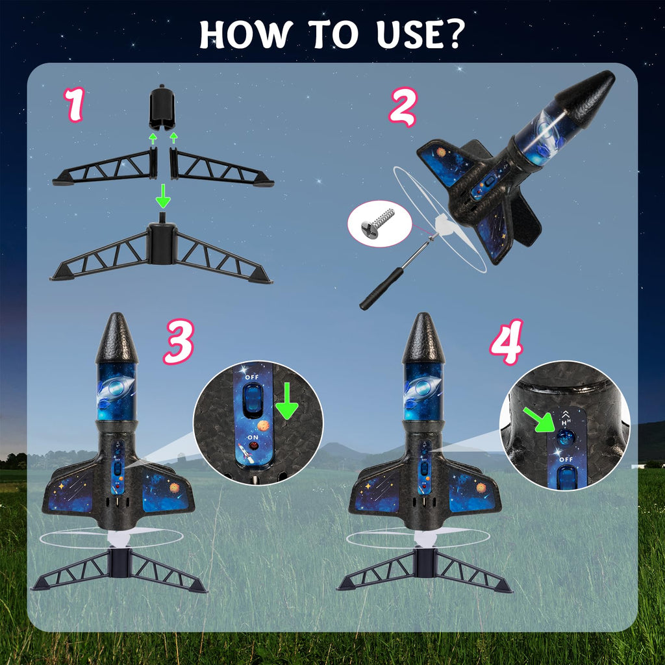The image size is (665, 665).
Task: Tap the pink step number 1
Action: point(75,105)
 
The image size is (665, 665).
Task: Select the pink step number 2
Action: point(403,107)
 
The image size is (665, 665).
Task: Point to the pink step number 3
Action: point(179,342)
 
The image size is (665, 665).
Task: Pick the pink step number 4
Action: point(507,342)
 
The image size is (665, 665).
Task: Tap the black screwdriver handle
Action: point(381,288)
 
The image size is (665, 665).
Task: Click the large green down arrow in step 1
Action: point(163,196)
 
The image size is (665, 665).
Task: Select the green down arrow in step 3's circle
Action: point(286,400)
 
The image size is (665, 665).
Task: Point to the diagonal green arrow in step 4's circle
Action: point(538,419)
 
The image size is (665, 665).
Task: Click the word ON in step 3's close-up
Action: point(253,437)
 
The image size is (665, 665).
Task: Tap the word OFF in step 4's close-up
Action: point(566,459)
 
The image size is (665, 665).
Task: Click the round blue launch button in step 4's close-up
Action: point(565,437)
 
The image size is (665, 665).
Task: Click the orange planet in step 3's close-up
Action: point(264,425)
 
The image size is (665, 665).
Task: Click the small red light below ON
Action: point(254,446)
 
